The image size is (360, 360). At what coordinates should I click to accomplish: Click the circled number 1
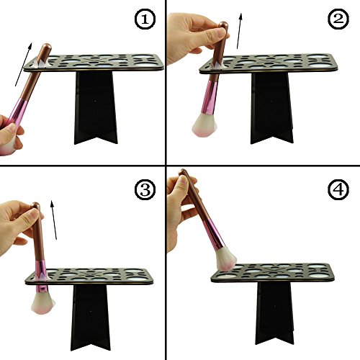[145, 19]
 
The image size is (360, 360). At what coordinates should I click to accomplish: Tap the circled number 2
[338, 19]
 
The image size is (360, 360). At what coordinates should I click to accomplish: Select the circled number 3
[145, 189]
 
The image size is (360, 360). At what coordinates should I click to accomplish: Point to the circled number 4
[338, 189]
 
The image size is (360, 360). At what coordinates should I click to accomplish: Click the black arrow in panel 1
[23, 64]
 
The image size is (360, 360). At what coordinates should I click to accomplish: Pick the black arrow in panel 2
[239, 31]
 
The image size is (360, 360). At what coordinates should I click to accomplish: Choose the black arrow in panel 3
[54, 220]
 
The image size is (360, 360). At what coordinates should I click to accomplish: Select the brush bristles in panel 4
[225, 258]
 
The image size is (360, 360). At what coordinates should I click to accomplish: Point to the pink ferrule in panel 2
[209, 98]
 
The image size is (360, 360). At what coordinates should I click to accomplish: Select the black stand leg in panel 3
[91, 318]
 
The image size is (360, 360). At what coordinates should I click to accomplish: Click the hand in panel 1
[11, 135]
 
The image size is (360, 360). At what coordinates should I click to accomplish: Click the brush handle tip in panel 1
[48, 45]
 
